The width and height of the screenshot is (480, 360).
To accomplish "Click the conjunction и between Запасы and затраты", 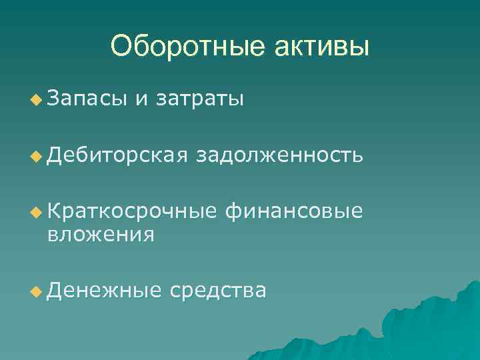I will (x=141, y=99).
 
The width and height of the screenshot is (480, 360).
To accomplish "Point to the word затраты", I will (x=199, y=99).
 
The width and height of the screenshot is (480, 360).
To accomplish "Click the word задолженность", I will (x=280, y=156).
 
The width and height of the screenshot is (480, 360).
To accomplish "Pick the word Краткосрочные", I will (x=133, y=212).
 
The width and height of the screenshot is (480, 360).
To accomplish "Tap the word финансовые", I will (x=295, y=212).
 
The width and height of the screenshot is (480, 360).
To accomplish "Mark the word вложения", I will (x=101, y=235).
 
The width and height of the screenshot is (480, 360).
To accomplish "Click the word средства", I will (x=218, y=291).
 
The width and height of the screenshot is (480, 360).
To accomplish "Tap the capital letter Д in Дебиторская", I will (x=55, y=156).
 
